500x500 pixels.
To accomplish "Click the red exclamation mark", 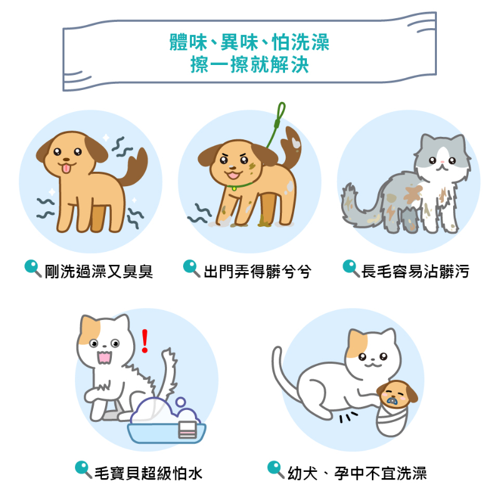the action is (145, 341).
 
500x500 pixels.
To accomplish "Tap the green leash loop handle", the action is (281, 112).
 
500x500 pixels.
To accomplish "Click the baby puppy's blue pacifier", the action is (392, 401).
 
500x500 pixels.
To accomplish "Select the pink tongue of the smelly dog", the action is (66, 168).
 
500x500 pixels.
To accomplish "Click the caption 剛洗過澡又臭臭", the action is (99, 271).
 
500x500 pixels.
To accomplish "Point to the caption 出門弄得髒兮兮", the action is (257, 271).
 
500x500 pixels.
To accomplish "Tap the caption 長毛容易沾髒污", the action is (415, 271).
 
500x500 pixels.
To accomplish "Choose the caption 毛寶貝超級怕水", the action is (149, 473).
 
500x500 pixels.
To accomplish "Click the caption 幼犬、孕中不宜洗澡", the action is (357, 473).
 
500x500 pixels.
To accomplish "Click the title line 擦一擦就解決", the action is (249, 64).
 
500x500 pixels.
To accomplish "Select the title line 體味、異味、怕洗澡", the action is (249, 42).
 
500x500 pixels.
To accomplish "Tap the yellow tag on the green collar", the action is (234, 189).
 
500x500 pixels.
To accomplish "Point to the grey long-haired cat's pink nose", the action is (442, 162).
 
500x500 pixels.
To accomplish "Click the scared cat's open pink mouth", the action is (104, 357).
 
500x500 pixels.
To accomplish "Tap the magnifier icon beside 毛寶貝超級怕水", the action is (84, 470).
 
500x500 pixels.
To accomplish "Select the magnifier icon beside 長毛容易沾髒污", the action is (351, 269).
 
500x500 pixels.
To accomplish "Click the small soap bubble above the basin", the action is (181, 401).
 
